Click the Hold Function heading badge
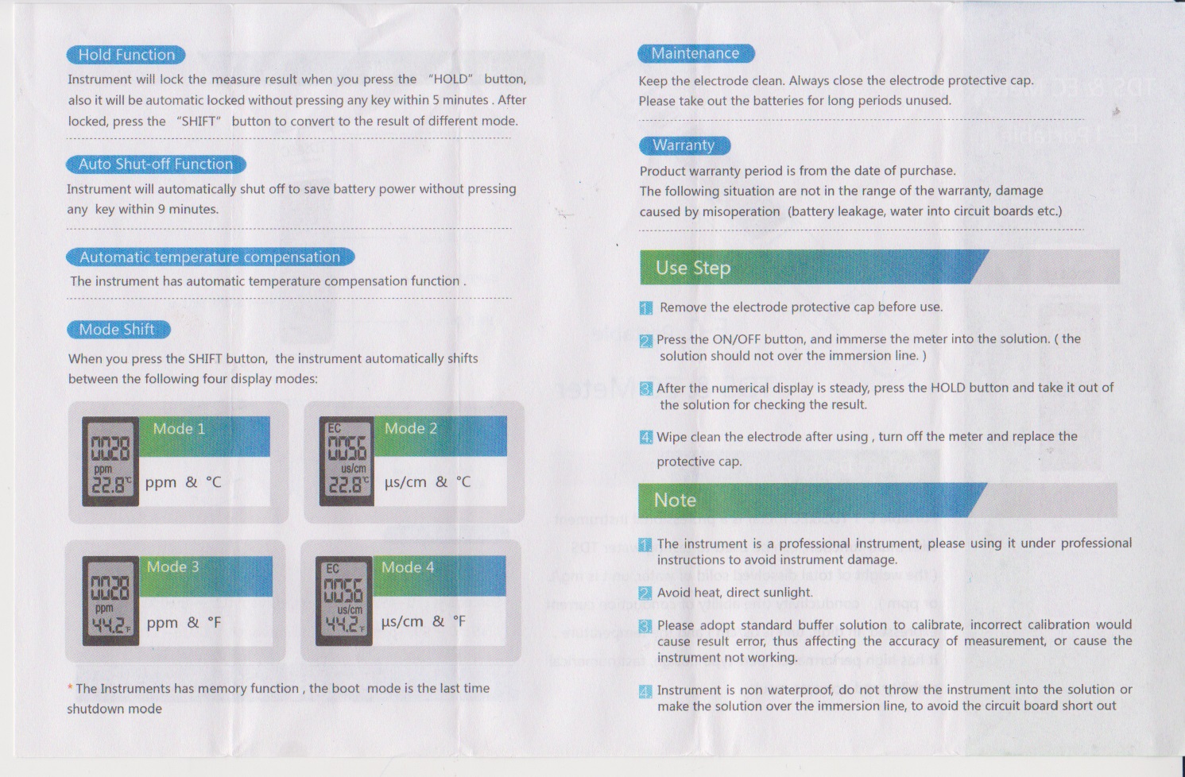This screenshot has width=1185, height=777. tap(126, 55)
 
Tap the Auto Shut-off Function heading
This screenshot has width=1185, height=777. tap(156, 164)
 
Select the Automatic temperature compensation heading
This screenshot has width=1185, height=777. tap(210, 257)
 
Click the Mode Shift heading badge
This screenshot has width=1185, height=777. tap(118, 330)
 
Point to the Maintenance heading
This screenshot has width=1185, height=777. tap(695, 53)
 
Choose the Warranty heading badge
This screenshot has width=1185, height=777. tap(684, 145)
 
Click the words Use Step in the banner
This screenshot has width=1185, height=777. tap(693, 269)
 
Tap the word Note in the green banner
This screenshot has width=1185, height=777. tap(675, 501)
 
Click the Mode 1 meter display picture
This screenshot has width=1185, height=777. tap(110, 462)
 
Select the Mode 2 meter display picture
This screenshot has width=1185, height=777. tap(347, 461)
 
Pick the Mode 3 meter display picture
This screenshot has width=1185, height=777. tap(110, 601)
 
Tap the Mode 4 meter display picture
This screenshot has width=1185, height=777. tap(344, 601)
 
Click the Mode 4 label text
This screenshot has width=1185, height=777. tap(408, 567)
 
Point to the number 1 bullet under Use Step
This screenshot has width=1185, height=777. tap(646, 307)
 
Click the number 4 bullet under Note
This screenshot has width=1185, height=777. tap(645, 691)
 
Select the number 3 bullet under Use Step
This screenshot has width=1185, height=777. tap(646, 388)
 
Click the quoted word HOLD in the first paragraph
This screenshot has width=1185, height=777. tap(450, 79)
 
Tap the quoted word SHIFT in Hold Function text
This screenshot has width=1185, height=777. tap(199, 122)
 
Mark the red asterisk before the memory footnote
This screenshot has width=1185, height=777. tap(70, 687)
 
